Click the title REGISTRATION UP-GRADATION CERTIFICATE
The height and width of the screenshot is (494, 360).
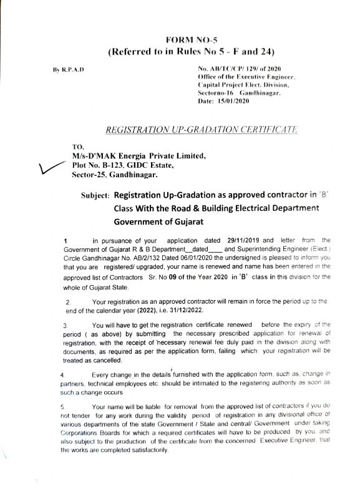pyautogui.click(x=201, y=129)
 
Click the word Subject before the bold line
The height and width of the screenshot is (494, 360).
pyautogui.click(x=96, y=195)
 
